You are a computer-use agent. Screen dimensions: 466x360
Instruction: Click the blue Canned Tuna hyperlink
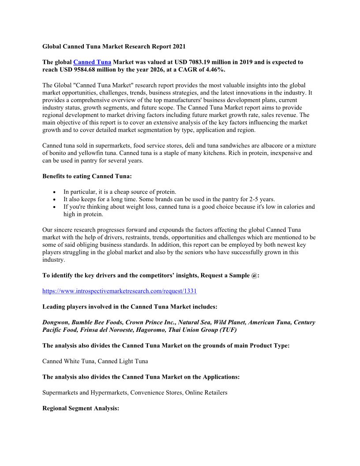click(x=92, y=62)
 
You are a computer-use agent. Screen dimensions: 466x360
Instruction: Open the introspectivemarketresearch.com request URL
click(x=119, y=291)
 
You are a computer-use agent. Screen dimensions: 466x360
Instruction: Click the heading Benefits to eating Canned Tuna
click(x=87, y=176)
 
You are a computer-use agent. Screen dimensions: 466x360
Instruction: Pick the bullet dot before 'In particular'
click(x=54, y=192)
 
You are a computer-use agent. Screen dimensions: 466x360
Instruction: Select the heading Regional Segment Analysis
click(x=81, y=408)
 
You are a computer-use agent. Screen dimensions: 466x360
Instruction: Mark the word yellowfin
click(x=96, y=153)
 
